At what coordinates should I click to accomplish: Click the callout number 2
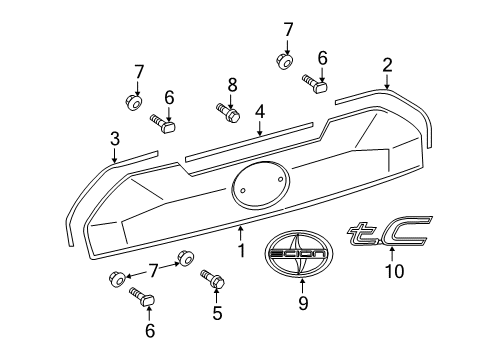click(387, 65)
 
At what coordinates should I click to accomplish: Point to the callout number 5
click(217, 312)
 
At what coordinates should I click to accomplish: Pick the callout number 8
click(232, 86)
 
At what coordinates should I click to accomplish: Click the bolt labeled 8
click(227, 112)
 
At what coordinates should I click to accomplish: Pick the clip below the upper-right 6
click(319, 85)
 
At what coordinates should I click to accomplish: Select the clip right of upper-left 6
click(166, 124)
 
